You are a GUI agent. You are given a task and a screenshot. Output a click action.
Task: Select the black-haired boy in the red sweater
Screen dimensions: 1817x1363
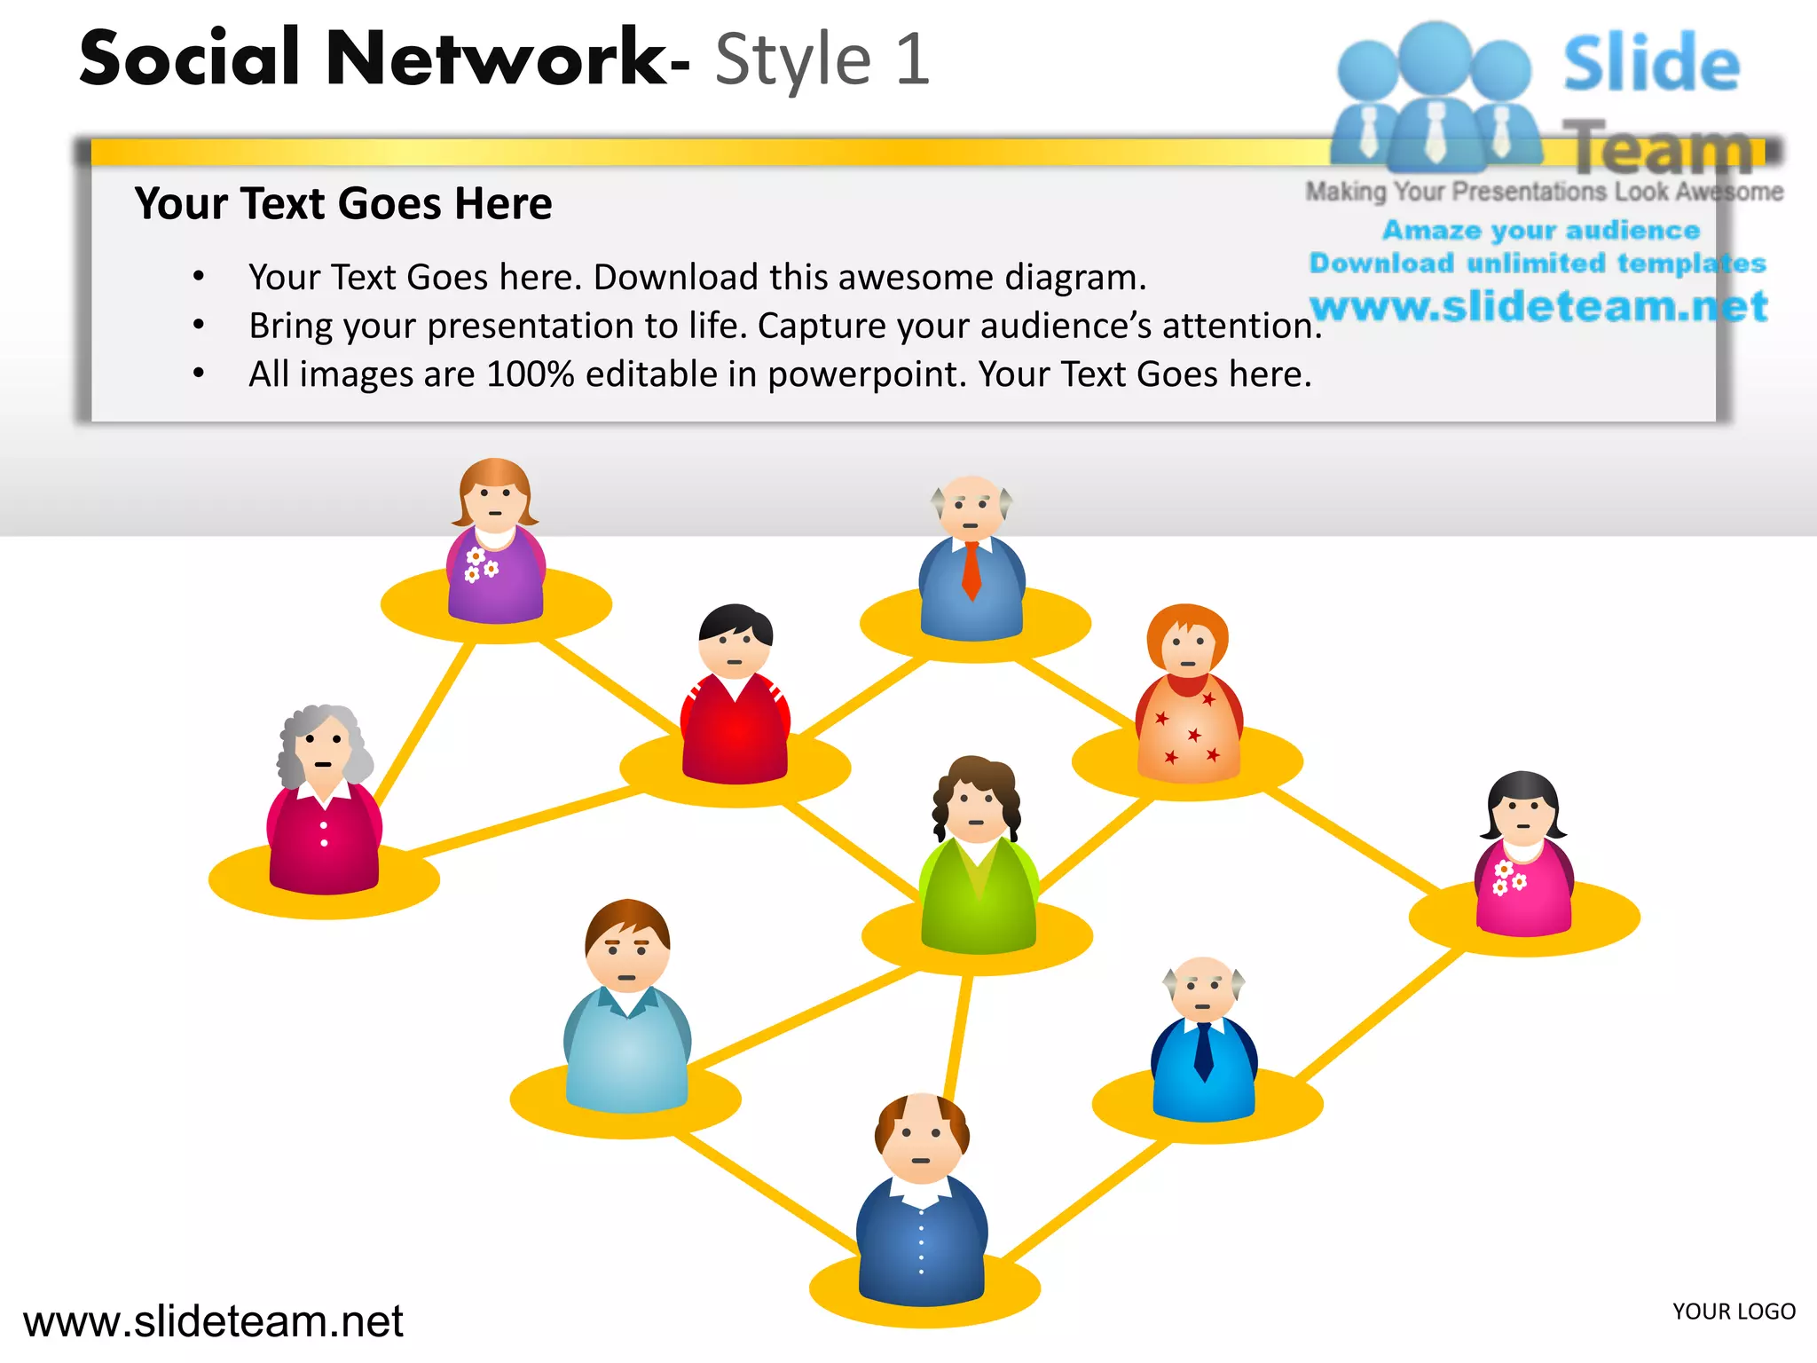tap(735, 701)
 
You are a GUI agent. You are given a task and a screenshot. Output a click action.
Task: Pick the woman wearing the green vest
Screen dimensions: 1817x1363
tap(978, 861)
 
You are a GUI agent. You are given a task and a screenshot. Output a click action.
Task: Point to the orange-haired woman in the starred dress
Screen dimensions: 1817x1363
tap(1189, 701)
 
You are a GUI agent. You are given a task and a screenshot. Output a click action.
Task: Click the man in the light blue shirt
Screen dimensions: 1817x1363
tap(627, 1012)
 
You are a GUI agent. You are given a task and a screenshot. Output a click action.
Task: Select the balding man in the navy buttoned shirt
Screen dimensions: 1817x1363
tap(922, 1207)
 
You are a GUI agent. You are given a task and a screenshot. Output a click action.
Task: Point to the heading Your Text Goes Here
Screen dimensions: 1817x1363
tap(343, 204)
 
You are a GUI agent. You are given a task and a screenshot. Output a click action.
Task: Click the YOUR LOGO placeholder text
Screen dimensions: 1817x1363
tap(1734, 1312)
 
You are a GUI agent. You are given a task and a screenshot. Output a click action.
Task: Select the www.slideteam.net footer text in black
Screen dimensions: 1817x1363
tap(213, 1321)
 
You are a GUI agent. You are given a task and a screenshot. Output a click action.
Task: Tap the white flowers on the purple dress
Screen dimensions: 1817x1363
tap(480, 565)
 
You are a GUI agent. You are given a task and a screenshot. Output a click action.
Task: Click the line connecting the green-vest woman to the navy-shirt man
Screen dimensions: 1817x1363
tap(958, 1034)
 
